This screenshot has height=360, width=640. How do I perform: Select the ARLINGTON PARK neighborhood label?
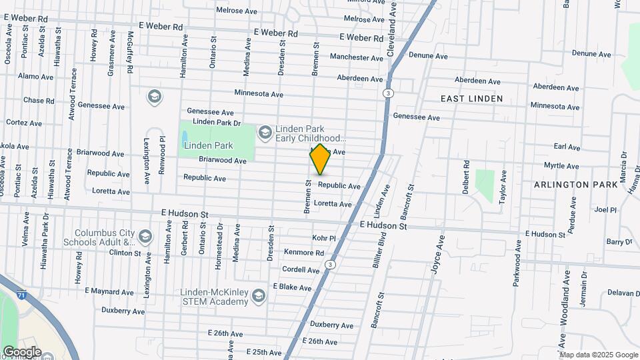571,184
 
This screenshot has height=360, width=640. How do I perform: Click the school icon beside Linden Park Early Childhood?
265,133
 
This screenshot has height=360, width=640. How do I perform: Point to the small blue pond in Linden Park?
184,139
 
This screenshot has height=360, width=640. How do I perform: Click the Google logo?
21,352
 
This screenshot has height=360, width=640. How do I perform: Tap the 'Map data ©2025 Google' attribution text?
599,355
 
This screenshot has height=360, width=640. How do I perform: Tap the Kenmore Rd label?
303,253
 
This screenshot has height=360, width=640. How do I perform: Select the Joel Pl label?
605,209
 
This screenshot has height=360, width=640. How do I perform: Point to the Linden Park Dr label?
216,122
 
